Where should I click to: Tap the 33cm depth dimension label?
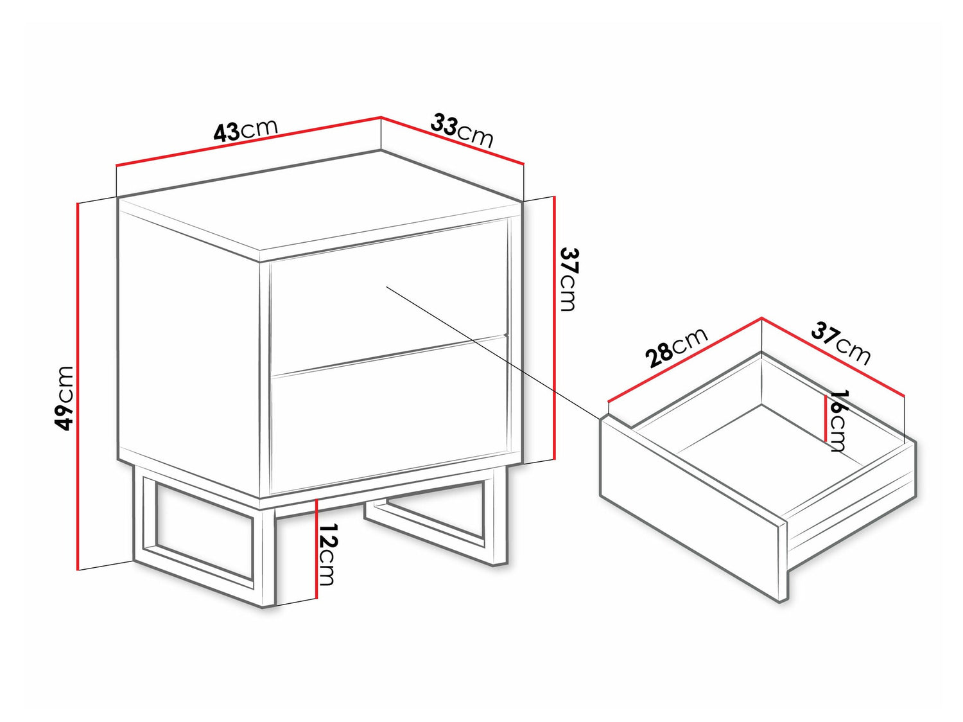point(462,130)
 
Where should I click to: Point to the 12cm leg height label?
point(327,554)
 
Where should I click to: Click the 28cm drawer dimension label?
point(676,347)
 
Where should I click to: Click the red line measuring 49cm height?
point(78,387)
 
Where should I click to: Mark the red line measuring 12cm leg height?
point(316,549)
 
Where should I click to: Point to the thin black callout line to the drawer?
point(493,352)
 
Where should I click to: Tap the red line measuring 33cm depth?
point(453,141)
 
